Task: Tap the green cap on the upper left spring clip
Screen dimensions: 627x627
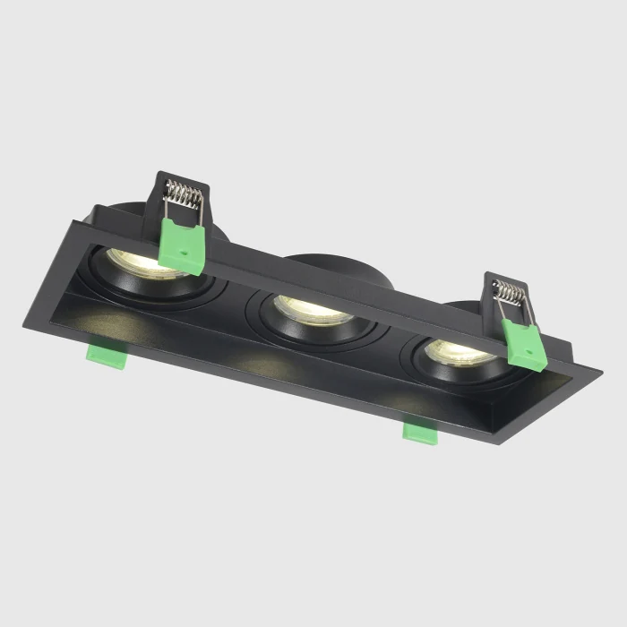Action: tap(182, 245)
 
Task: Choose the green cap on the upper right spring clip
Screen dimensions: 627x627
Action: tap(525, 344)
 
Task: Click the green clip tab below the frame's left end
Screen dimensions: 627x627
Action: tap(105, 352)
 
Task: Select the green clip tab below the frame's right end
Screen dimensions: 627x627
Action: tap(419, 432)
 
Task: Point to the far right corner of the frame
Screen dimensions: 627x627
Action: tap(601, 368)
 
